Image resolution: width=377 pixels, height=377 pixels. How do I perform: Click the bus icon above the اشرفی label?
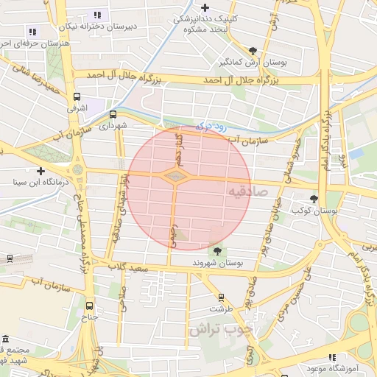(x=77, y=97)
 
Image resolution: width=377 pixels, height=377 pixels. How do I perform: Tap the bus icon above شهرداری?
(x=113, y=114)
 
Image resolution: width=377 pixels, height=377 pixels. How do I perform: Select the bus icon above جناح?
(x=90, y=306)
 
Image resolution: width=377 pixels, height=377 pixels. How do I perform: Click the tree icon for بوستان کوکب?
(x=314, y=199)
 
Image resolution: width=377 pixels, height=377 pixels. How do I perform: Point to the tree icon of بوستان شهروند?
(x=215, y=250)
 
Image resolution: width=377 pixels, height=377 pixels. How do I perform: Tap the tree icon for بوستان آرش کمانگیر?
(x=253, y=51)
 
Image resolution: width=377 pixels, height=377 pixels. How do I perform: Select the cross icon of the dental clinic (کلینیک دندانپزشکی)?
(x=204, y=7)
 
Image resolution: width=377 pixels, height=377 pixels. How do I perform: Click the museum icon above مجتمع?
(x=5, y=336)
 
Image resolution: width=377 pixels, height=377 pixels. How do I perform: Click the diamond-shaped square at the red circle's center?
(x=175, y=177)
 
